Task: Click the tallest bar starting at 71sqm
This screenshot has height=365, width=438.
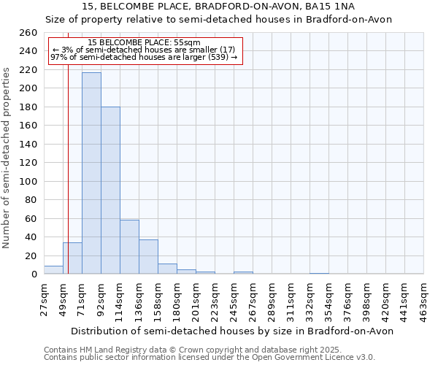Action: point(91,173)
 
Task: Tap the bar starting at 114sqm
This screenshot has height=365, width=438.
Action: point(129,247)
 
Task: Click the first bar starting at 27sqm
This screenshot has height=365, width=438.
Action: point(53,269)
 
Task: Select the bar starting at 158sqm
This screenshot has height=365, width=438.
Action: point(167,269)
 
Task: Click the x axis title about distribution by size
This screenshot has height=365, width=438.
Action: point(234,331)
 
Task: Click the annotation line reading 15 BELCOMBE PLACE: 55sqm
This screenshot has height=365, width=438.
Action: point(143,42)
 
